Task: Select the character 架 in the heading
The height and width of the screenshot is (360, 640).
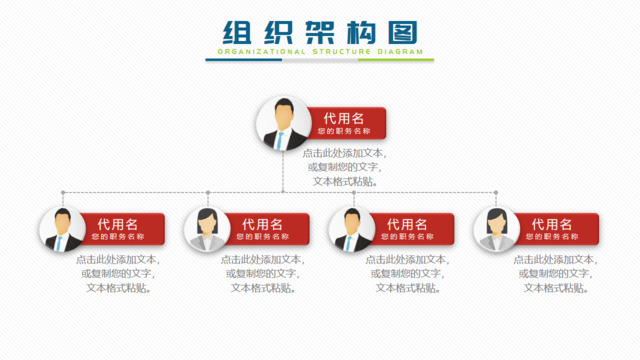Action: [x=319, y=31]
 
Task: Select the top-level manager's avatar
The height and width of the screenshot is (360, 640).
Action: [x=282, y=124]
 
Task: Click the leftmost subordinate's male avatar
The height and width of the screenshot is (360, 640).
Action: [x=63, y=230]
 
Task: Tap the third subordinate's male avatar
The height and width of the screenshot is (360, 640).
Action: [x=352, y=230]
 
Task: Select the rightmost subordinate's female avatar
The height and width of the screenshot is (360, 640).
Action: [x=497, y=230]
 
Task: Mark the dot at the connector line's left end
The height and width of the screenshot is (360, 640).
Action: [x=63, y=192]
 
